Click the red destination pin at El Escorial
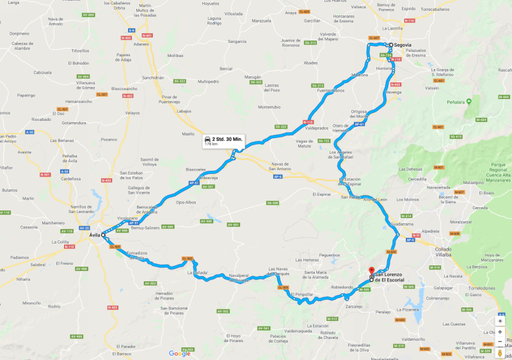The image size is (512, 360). tap(371, 271)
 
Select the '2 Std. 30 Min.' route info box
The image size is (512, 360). tap(221, 141)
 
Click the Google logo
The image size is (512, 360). tap(179, 353)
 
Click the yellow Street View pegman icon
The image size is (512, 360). tap(499, 352)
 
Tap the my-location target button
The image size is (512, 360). tap(499, 319)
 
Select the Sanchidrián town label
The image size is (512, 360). tap(154, 77)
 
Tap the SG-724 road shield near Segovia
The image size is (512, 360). tap(386, 56)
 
